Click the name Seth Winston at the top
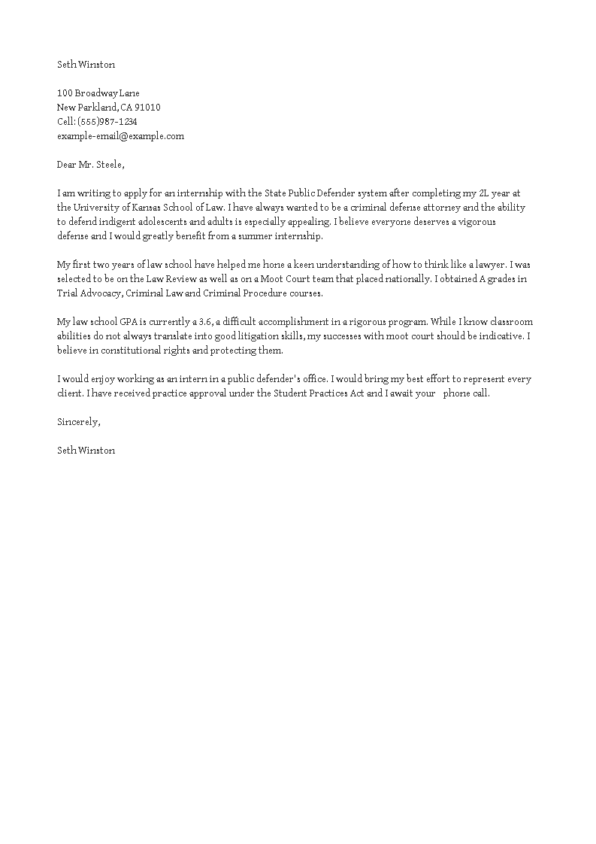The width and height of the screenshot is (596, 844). pos(86,65)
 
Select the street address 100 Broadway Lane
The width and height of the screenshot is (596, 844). pos(98,93)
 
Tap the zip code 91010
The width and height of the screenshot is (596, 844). pos(147,108)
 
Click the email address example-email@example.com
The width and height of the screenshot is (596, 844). pos(120,136)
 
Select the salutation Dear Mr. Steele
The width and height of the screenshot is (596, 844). pos(91,165)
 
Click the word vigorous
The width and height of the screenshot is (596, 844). pos(476,222)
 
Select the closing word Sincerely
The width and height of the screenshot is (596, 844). pos(78,422)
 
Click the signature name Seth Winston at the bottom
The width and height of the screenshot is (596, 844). pos(86,451)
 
